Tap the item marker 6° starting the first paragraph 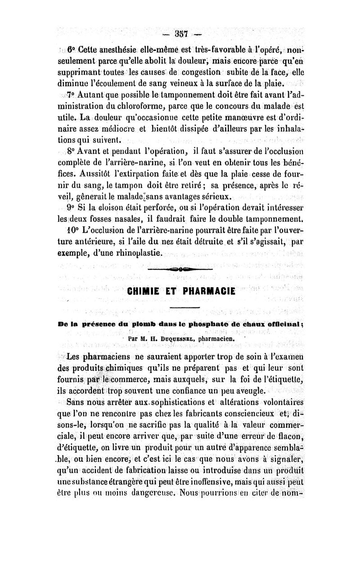pyautogui.click(x=72, y=50)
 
